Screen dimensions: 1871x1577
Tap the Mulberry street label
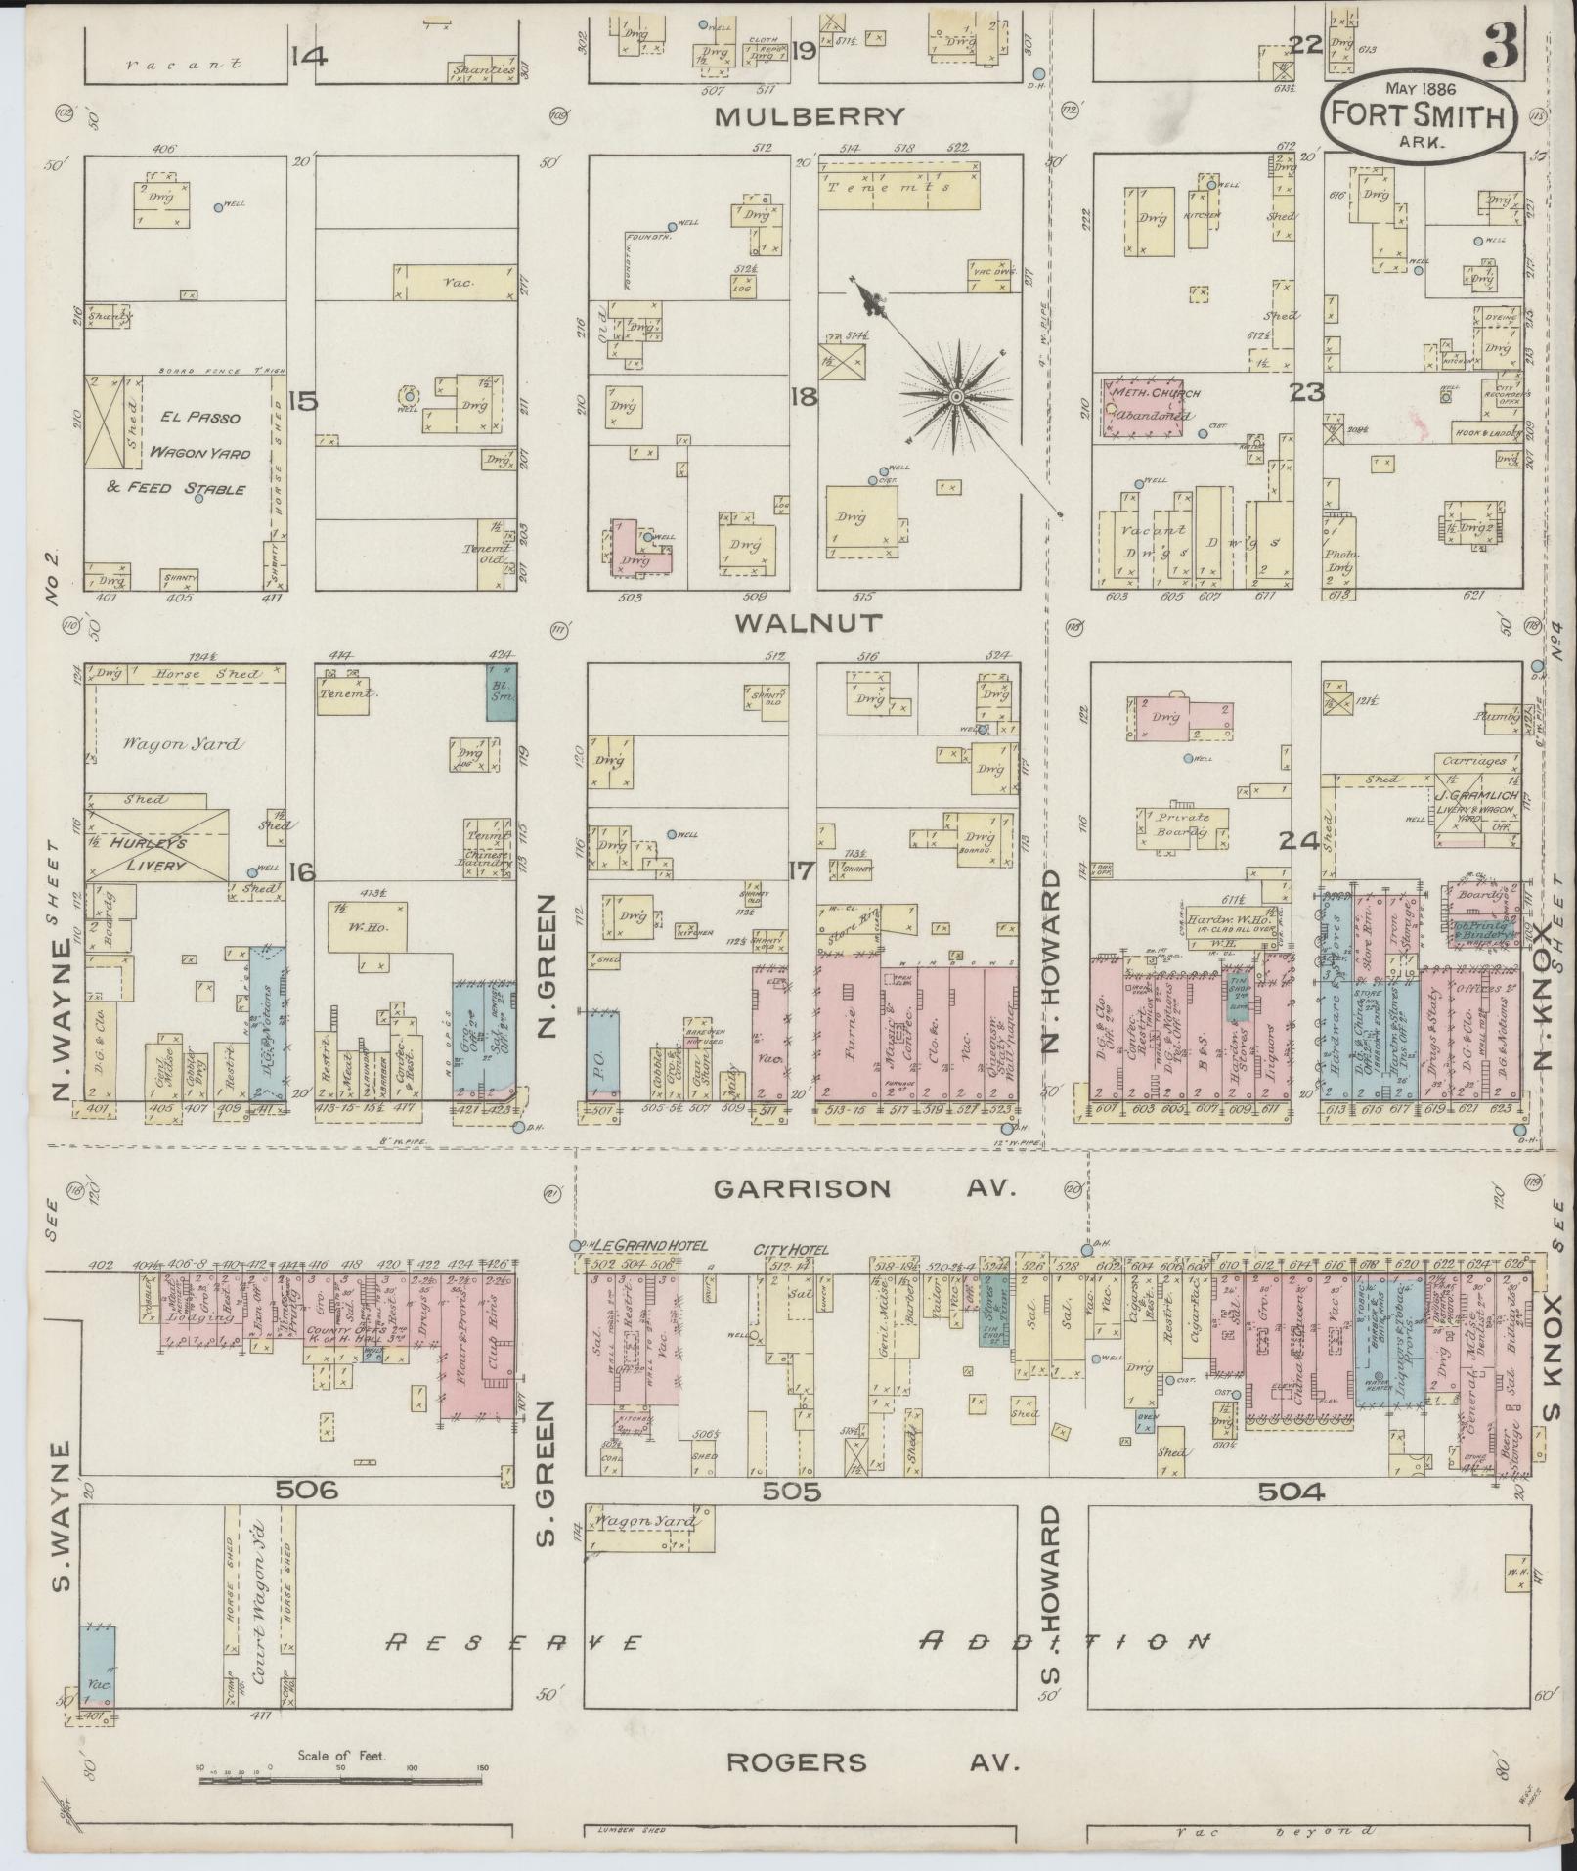pyautogui.click(x=810, y=117)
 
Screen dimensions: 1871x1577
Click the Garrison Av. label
pyautogui.click(x=866, y=1188)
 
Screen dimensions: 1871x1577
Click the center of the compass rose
pyautogui.click(x=955, y=396)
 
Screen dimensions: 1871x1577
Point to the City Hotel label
pyautogui.click(x=790, y=1250)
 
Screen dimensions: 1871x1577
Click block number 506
pyautogui.click(x=306, y=1491)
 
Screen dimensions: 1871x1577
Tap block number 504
pyautogui.click(x=1291, y=1491)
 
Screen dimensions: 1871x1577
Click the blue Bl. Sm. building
pyautogui.click(x=503, y=690)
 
